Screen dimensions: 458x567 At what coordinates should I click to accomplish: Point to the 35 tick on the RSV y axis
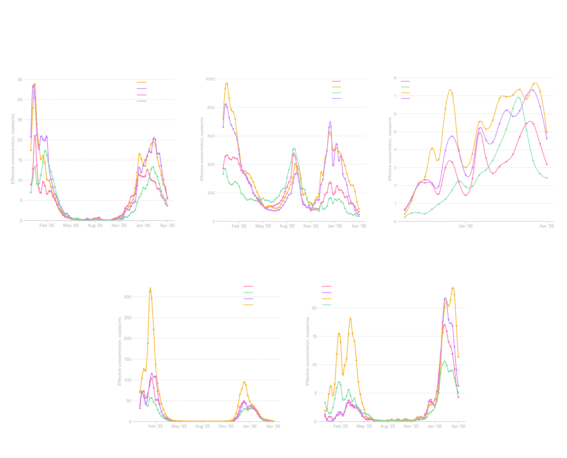tap(20, 80)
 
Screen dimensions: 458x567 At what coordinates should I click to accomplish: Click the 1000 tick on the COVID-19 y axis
tap(210, 79)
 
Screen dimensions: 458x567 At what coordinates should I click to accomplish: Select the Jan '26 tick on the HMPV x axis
tap(465, 226)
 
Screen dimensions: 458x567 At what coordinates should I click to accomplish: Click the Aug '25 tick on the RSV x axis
tap(95, 226)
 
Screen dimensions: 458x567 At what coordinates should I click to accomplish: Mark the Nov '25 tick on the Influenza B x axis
tap(411, 426)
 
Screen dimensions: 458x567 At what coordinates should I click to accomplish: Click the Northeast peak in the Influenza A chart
tap(150, 288)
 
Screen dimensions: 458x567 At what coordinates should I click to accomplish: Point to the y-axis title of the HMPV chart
tap(390, 149)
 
